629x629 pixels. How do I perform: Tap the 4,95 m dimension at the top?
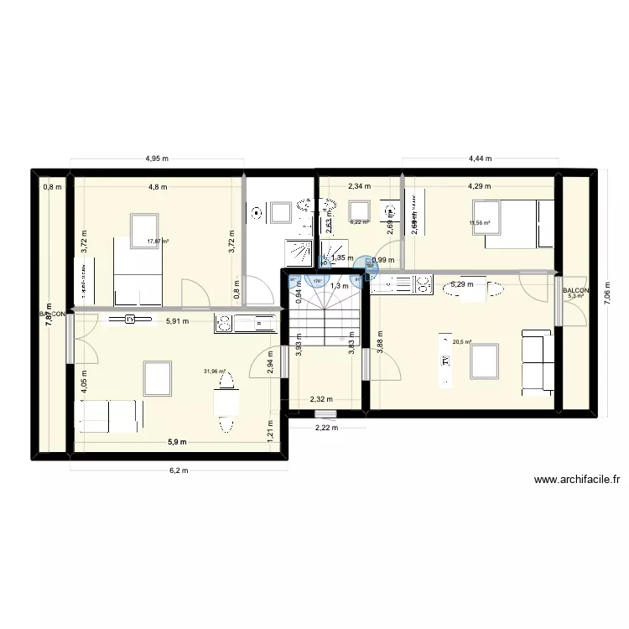click(157, 158)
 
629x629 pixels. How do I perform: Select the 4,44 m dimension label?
click(480, 158)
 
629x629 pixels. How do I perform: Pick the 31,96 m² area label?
click(215, 372)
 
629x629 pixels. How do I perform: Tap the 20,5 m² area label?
click(462, 342)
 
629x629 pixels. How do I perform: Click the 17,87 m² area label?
click(158, 242)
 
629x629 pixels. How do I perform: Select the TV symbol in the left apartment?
click(130, 320)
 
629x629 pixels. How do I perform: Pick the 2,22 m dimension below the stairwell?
click(325, 429)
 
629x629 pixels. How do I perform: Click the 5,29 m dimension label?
click(462, 284)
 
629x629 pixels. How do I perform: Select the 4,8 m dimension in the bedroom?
click(158, 187)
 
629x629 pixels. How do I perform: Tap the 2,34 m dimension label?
click(359, 187)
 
